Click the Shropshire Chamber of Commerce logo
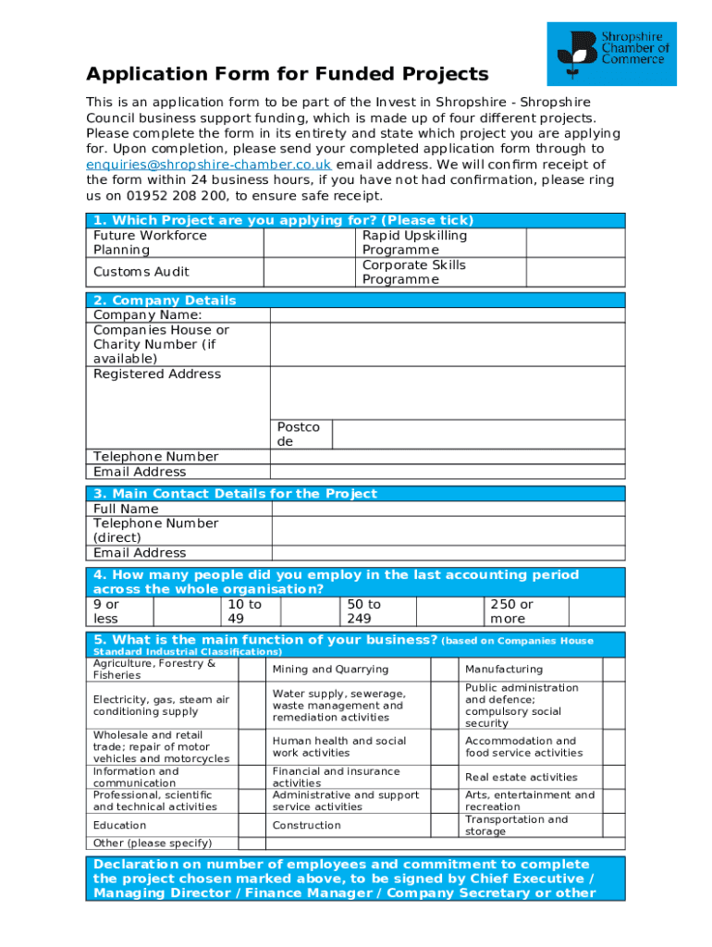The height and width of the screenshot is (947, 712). click(x=611, y=54)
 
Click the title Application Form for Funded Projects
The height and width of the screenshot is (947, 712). click(x=287, y=75)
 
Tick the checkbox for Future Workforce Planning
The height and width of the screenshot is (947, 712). click(x=311, y=242)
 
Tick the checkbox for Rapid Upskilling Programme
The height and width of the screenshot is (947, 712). click(x=575, y=242)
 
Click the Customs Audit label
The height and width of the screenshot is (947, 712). click(x=141, y=272)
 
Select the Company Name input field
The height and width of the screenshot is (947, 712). click(x=448, y=315)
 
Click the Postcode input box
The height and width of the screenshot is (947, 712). click(x=478, y=435)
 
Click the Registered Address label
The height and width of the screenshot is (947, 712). click(x=157, y=375)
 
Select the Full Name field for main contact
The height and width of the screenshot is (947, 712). click(x=448, y=509)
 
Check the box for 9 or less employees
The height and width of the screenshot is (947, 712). click(x=186, y=611)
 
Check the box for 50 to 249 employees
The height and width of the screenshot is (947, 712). click(x=449, y=611)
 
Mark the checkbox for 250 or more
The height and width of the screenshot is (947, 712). click(x=596, y=611)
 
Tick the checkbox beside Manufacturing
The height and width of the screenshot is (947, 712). click(x=614, y=670)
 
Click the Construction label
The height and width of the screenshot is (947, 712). click(x=306, y=826)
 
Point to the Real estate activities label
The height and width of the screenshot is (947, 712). click(x=521, y=778)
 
